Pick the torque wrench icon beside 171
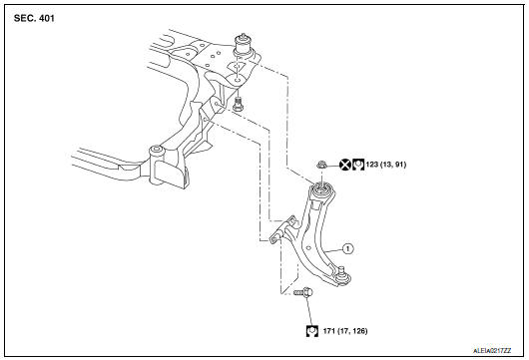pyautogui.click(x=313, y=330)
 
